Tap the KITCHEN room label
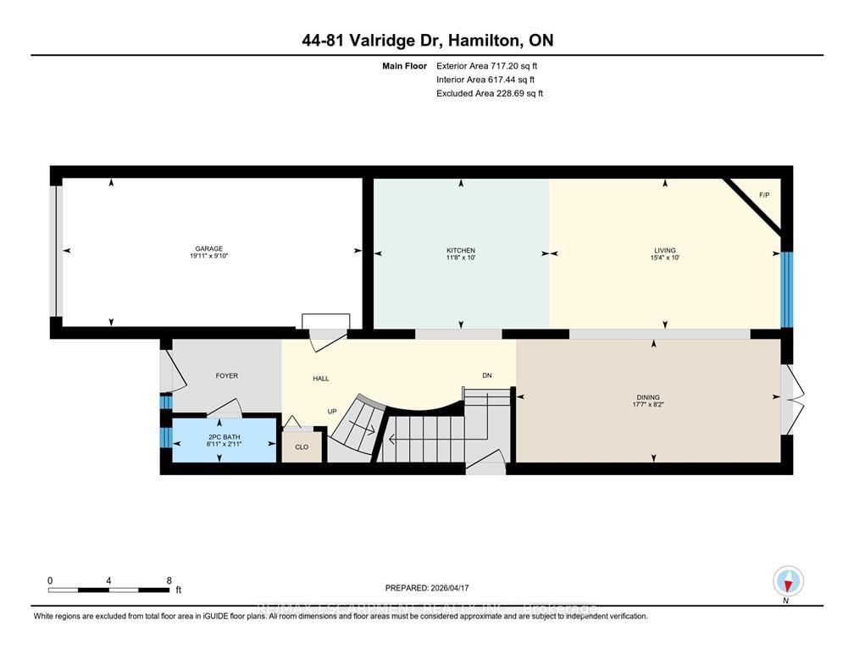[x=461, y=251]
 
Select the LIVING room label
[x=665, y=251]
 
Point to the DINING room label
[x=648, y=396]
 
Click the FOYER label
[x=227, y=376]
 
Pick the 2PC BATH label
[x=220, y=436]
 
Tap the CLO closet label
[x=302, y=446]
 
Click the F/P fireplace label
[x=763, y=196]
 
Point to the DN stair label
[x=487, y=376]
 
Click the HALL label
[x=320, y=379]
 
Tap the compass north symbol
[x=789, y=582]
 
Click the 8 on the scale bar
[x=169, y=581]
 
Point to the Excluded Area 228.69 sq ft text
[x=490, y=93]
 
